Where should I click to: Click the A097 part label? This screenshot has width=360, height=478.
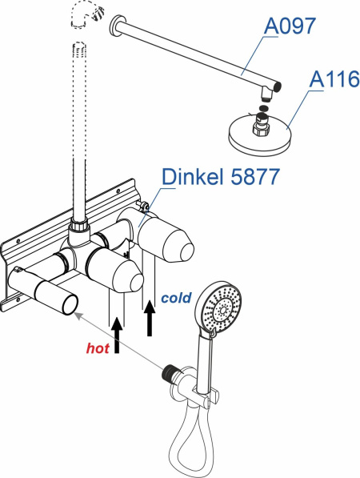tap(290, 26)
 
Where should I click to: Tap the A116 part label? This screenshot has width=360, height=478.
tap(334, 79)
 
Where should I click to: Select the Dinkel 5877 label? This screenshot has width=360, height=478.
tap(220, 176)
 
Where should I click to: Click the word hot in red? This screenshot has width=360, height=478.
tap(98, 347)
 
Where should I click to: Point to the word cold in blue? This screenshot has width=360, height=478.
tap(176, 298)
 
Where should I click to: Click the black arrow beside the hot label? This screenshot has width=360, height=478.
tap(117, 335)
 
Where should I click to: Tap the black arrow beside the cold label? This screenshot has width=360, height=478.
tap(150, 318)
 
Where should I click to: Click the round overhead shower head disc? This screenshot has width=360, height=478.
tap(259, 133)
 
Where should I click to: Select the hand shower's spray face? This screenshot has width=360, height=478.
tap(222, 309)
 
